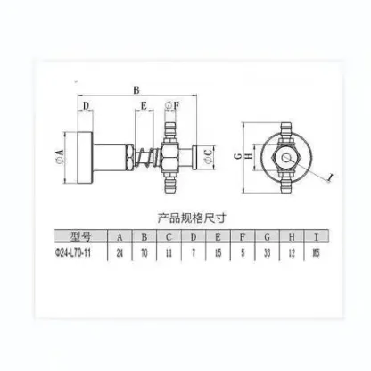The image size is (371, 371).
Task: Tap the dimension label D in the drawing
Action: pos(87,107)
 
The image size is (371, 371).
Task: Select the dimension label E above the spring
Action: pos(144,107)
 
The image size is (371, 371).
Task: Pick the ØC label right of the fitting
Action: pos(208,159)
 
